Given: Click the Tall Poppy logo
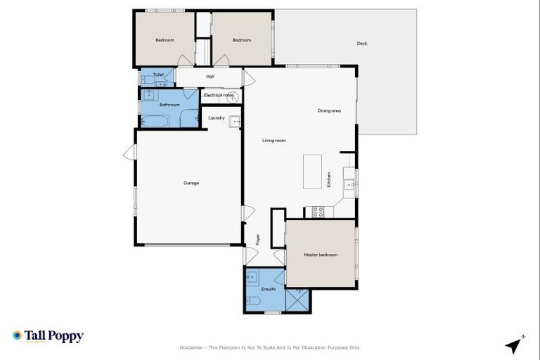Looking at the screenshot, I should (48, 336).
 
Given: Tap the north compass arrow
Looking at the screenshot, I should (515, 345).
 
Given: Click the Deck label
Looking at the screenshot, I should (362, 44).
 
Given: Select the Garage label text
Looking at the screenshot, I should (191, 183).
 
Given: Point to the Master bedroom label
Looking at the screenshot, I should (321, 255).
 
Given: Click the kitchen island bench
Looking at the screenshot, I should (313, 172).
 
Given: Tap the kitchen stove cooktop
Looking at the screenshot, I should (317, 210).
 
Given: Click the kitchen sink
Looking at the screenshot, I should (349, 186).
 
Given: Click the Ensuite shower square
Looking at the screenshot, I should (297, 300).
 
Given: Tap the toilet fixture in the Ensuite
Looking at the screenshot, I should (254, 302).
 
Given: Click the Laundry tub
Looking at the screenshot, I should (235, 121).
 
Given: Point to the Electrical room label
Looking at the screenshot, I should (219, 95).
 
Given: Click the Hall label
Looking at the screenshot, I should (210, 77).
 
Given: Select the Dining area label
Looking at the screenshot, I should (329, 110).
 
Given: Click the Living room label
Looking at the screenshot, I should (274, 141).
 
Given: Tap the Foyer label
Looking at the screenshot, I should (257, 239).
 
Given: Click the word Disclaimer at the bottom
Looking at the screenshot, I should (191, 347).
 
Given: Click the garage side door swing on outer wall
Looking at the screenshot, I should (129, 153).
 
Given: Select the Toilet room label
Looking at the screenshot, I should (158, 74).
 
